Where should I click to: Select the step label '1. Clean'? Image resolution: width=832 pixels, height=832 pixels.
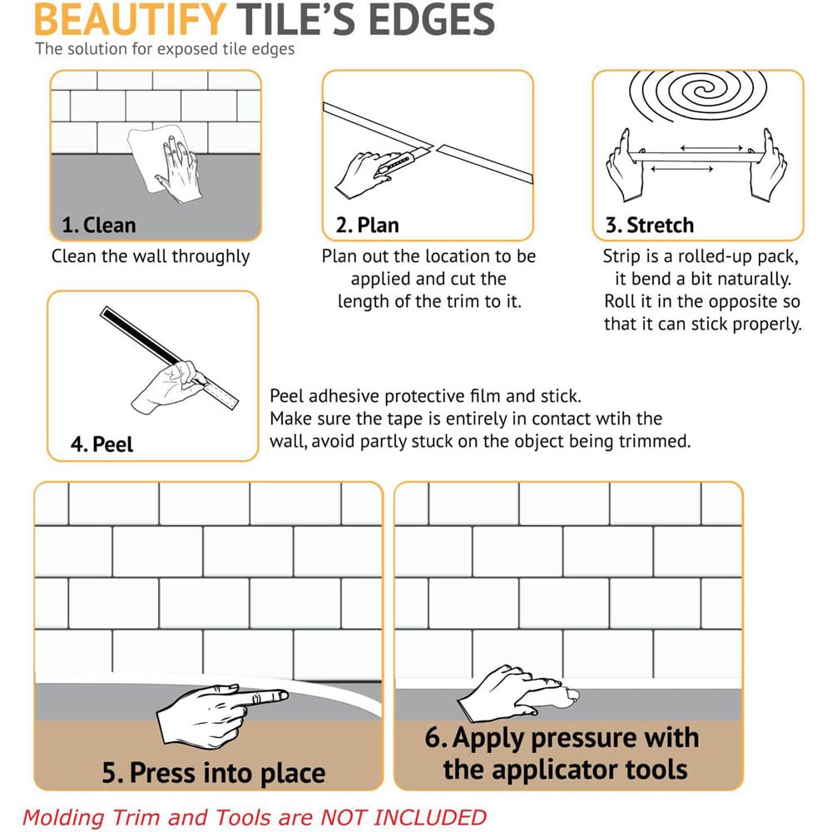(98, 225)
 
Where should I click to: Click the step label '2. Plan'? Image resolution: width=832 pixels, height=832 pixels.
(367, 225)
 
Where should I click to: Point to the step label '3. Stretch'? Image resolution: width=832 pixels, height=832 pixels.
(649, 225)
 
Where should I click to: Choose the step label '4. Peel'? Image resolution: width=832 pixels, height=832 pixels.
(102, 443)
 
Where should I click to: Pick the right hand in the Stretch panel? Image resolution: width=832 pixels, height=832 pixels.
(767, 166)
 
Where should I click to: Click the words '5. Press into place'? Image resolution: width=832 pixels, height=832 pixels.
(214, 773)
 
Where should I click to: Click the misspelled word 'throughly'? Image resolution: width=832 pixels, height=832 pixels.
(210, 256)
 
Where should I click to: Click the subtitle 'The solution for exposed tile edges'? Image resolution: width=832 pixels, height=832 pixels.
(165, 48)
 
